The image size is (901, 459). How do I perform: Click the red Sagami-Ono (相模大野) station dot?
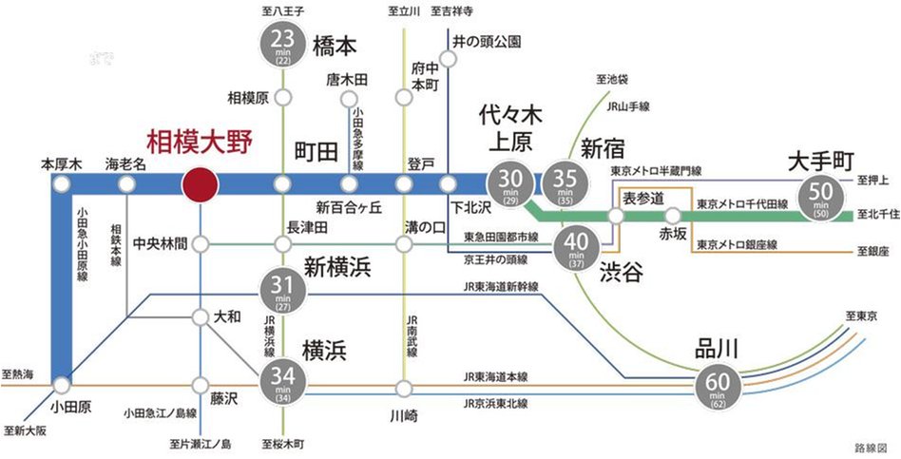[x=201, y=184]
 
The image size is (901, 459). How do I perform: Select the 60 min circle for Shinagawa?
[x=718, y=386]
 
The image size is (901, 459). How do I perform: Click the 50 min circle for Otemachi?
[x=818, y=195]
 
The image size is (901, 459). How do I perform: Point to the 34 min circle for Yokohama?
[x=281, y=385]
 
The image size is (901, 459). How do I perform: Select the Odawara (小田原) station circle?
[x=62, y=386]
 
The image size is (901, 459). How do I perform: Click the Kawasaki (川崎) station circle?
[x=405, y=388]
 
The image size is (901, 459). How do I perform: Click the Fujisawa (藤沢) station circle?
[x=201, y=385]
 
